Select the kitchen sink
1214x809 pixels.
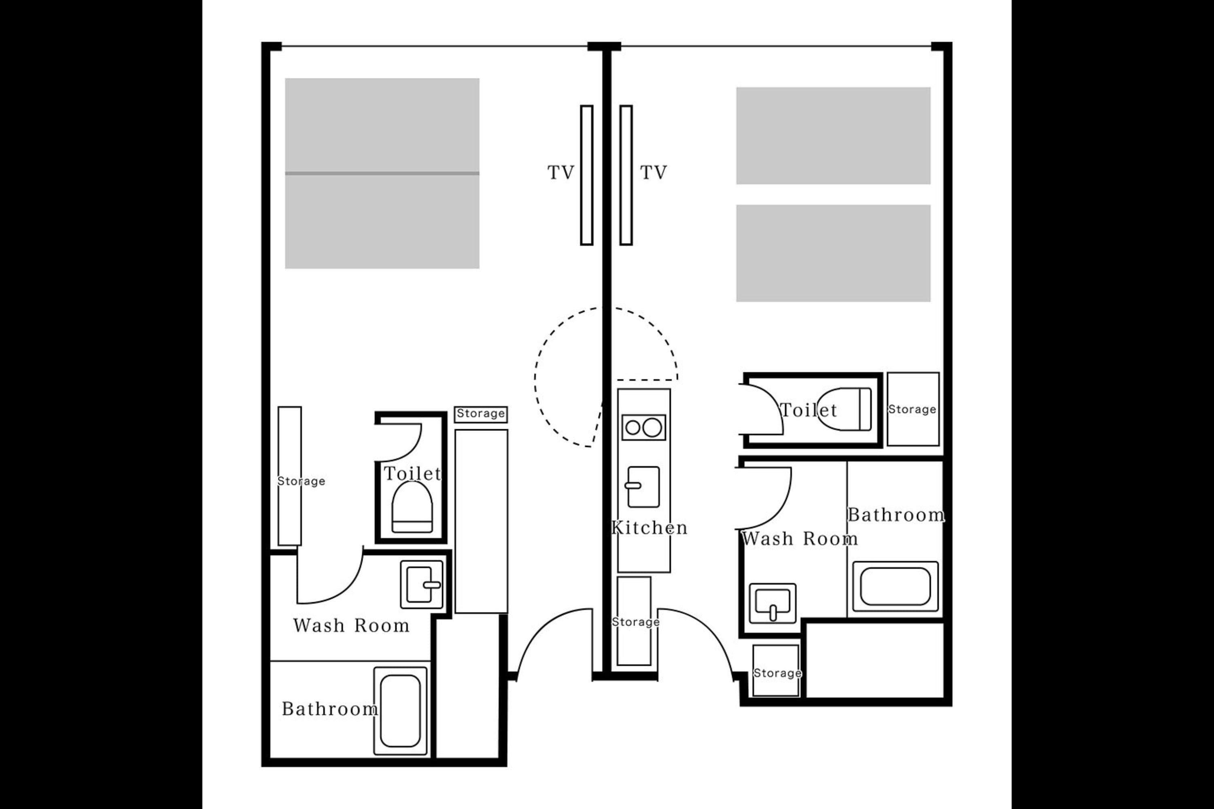click(x=643, y=487)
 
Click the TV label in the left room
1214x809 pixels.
click(x=560, y=172)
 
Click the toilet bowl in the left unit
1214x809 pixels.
click(x=412, y=507)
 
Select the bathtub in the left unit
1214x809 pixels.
click(x=400, y=711)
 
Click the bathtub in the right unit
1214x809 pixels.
click(x=895, y=587)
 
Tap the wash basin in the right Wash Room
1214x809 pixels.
click(x=772, y=603)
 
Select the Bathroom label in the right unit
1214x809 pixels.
click(x=896, y=515)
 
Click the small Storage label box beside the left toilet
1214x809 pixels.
click(x=481, y=414)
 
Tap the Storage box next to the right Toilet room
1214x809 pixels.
click(x=913, y=409)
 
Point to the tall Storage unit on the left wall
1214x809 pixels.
click(x=290, y=476)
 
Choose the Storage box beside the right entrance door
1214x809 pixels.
click(x=776, y=671)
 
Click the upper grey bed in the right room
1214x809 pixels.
click(x=833, y=136)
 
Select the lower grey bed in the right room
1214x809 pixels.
click(x=833, y=253)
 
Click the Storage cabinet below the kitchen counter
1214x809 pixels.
click(x=634, y=621)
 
